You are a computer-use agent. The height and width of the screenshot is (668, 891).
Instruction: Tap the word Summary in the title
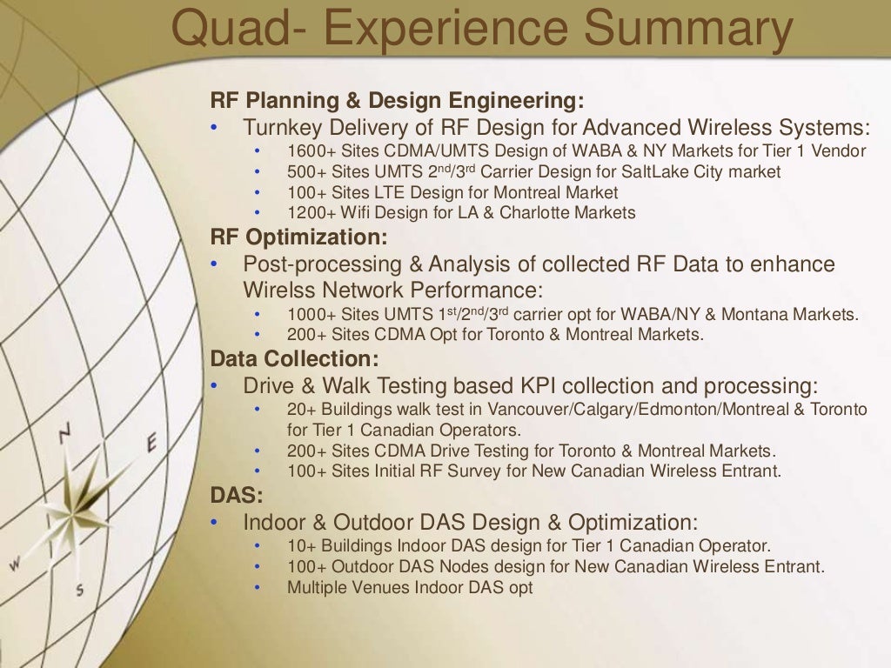(687, 29)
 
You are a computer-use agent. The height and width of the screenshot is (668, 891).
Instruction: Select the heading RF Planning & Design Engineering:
(397, 101)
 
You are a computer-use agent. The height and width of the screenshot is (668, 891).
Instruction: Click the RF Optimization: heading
(298, 237)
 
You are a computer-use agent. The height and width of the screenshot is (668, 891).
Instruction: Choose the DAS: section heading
(236, 495)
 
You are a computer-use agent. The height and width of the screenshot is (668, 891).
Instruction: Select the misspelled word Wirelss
(276, 289)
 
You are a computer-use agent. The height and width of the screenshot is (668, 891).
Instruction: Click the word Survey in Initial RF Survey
(497, 472)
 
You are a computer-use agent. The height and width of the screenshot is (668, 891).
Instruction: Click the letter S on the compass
(80, 590)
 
